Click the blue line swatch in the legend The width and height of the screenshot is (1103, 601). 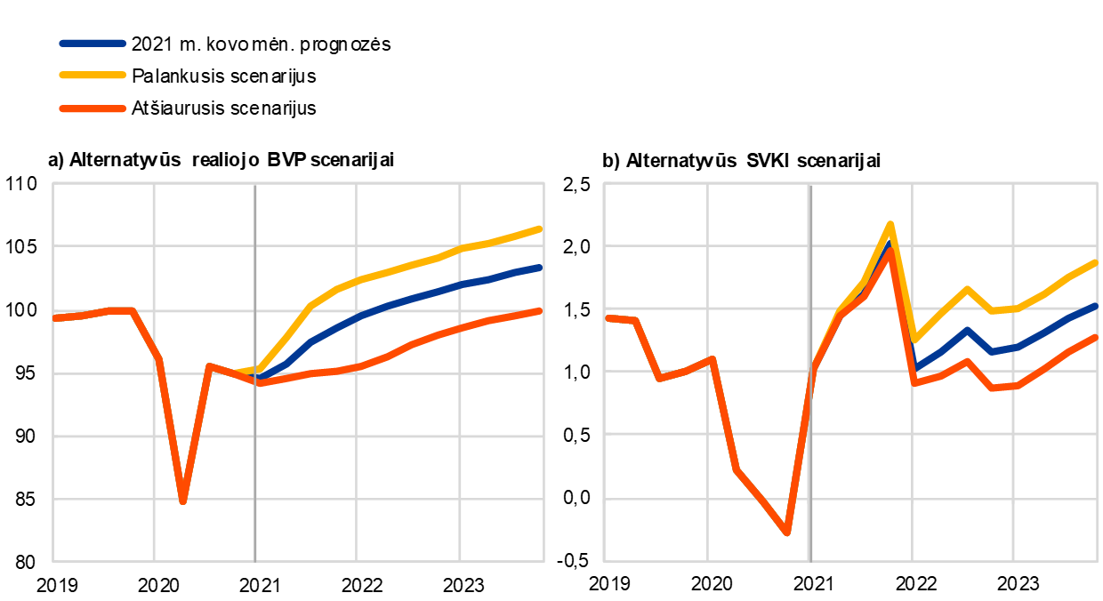[x=93, y=43]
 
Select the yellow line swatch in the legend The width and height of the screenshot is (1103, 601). [x=93, y=76]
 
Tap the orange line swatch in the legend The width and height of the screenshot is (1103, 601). [x=93, y=108]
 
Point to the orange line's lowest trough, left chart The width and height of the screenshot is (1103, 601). [x=182, y=501]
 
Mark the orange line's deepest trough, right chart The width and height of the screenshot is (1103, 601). [x=787, y=533]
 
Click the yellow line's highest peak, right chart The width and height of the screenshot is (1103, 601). [x=890, y=223]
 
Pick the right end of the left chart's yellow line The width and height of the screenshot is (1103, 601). [x=540, y=228]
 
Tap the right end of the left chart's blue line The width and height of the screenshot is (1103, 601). [x=540, y=267]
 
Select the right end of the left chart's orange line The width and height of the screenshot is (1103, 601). [x=540, y=310]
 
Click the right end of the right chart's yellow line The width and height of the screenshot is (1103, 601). [x=1095, y=262]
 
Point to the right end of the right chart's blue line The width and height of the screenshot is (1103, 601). [x=1095, y=306]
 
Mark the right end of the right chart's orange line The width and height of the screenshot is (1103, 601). [x=1095, y=337]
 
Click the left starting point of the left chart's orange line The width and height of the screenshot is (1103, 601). [x=55, y=317]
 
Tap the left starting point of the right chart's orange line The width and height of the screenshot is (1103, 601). [x=608, y=317]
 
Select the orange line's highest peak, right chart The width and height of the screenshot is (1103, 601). [x=889, y=252]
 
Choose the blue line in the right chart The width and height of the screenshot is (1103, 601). [x=967, y=330]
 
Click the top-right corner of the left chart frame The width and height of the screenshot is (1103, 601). [x=543, y=183]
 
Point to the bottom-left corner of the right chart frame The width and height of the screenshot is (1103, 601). [x=604, y=561]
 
